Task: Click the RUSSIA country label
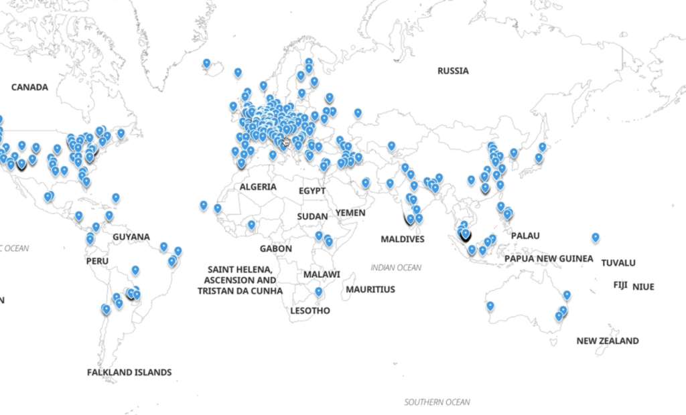tap(453, 71)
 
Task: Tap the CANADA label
tap(30, 87)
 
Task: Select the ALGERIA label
tap(258, 187)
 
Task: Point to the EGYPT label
tap(312, 191)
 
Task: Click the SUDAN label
tap(313, 216)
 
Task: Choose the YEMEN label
tap(350, 213)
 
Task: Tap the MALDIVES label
tap(403, 239)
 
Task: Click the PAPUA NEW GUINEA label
tap(549, 258)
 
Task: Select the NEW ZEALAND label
tap(608, 341)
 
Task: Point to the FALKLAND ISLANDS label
tap(129, 372)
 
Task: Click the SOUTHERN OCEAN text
tap(437, 402)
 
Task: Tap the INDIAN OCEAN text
tap(396, 268)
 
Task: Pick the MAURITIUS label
tap(370, 289)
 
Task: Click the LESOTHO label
tap(310, 311)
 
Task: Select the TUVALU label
tap(618, 262)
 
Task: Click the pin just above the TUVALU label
tap(595, 237)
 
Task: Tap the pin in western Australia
tap(490, 306)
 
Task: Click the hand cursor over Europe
tap(286, 141)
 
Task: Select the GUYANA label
tap(131, 237)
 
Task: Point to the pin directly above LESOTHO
tap(319, 292)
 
